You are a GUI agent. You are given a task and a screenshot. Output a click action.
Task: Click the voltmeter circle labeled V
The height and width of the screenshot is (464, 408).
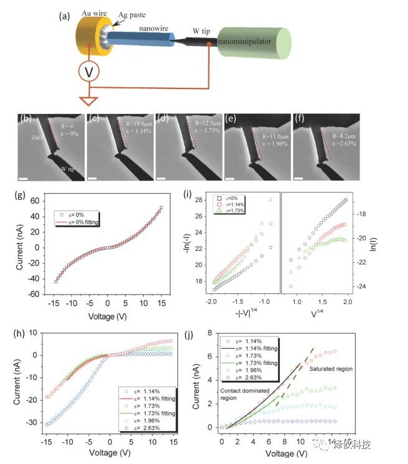pyautogui.click(x=90, y=72)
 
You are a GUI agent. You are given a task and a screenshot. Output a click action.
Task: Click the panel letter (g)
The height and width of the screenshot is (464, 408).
pyautogui.click(x=27, y=196)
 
